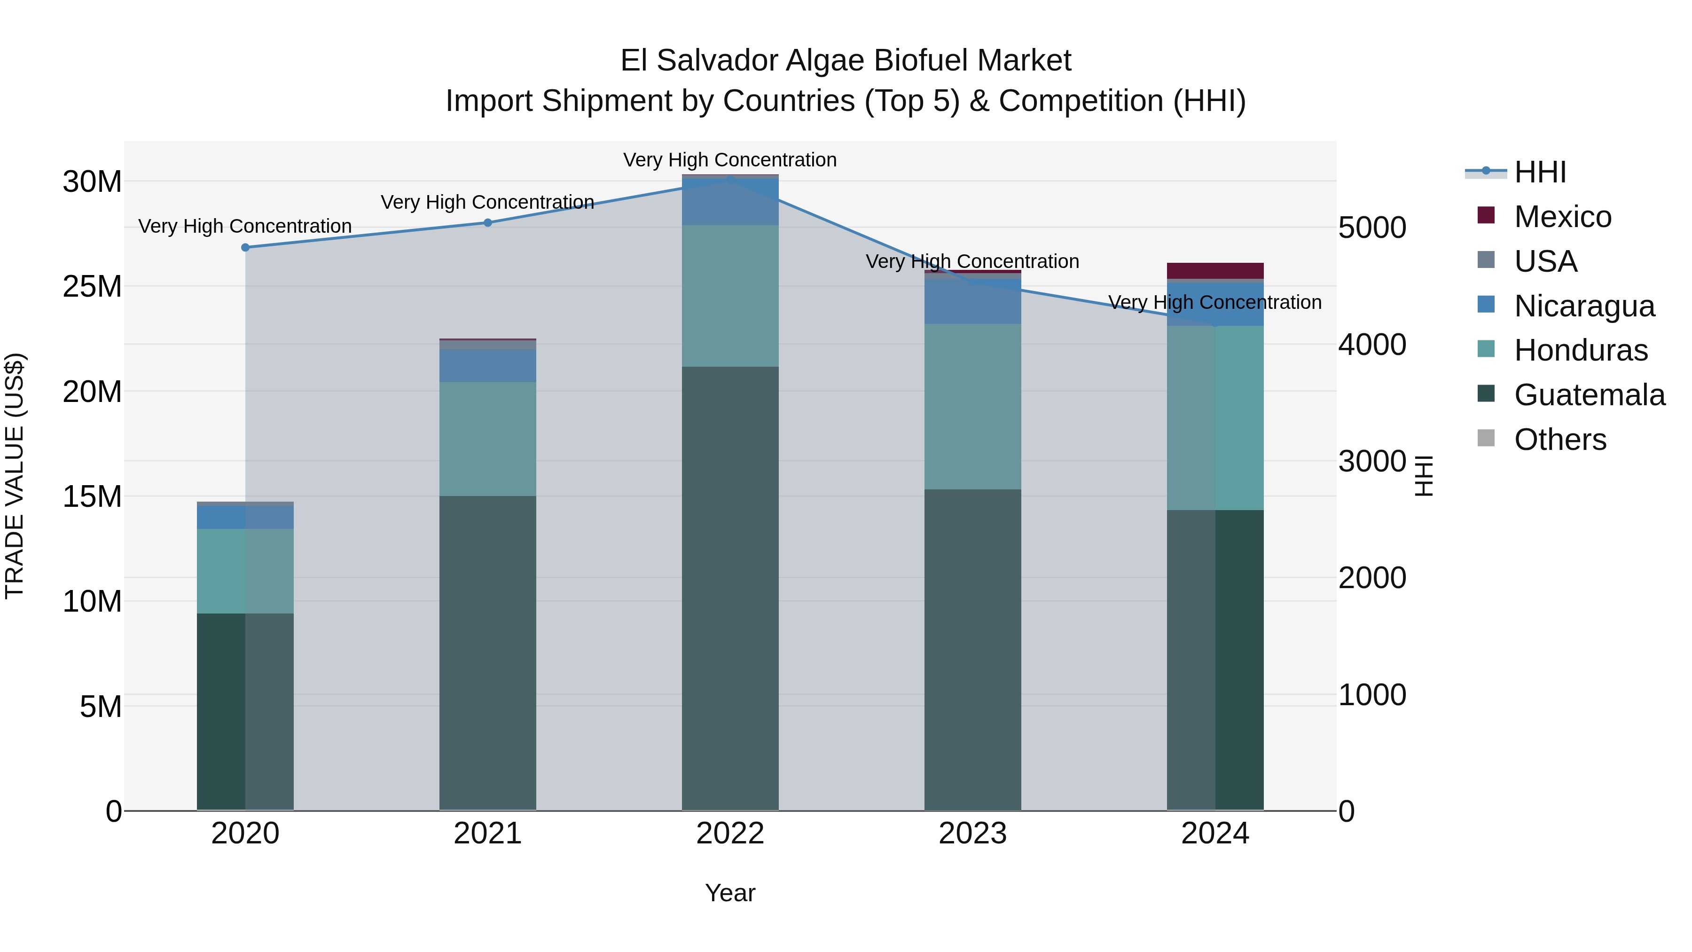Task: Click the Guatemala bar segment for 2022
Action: point(730,588)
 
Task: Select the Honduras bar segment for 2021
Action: point(487,439)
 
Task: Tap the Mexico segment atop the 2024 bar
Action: point(1215,271)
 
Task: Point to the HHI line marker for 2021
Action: point(487,223)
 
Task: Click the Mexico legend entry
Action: point(1562,217)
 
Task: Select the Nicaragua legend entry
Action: point(1583,306)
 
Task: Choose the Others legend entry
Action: point(1559,440)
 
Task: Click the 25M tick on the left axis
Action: point(92,286)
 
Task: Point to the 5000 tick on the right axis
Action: point(1372,228)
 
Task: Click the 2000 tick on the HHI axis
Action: point(1372,578)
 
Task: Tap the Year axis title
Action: point(730,893)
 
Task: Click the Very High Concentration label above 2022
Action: point(730,160)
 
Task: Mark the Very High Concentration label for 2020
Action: point(245,226)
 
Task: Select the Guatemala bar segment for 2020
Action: point(245,712)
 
